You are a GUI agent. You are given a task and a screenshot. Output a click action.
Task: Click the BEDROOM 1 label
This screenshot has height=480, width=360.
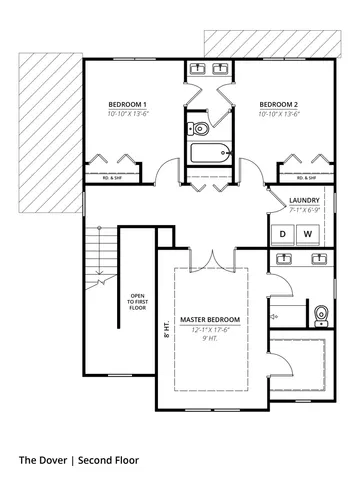128,104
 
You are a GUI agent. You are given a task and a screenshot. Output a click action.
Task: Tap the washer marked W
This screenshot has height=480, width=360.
307,234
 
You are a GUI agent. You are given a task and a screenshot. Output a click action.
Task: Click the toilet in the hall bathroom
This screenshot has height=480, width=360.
198,128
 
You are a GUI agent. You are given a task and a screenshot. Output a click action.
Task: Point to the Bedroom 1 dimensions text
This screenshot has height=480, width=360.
128,114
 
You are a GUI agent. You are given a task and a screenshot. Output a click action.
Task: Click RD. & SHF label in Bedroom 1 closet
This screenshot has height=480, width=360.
112,178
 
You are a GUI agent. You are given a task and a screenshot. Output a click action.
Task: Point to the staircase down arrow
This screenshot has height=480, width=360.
100,268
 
